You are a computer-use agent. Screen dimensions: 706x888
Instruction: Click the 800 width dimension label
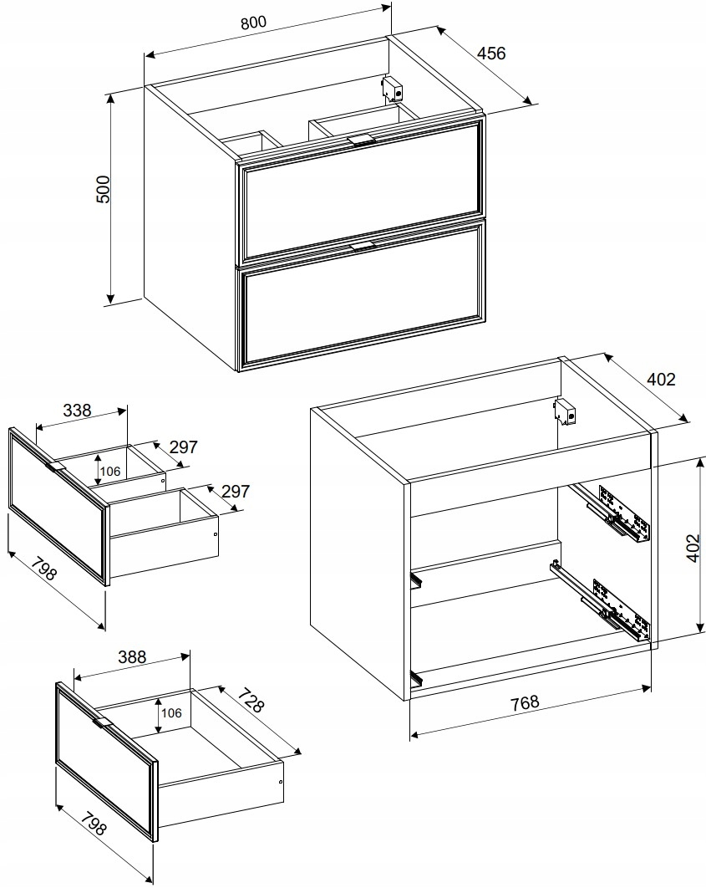coord(253,23)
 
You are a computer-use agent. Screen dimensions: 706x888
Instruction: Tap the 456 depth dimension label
coord(491,54)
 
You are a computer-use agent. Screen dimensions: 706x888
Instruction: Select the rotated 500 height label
coord(103,190)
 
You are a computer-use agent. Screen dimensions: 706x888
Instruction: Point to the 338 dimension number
coord(77,410)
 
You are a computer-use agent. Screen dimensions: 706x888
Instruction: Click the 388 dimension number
coord(132,657)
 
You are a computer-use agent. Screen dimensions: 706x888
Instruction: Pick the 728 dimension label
coord(250,700)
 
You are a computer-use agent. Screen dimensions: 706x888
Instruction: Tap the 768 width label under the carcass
coord(525,703)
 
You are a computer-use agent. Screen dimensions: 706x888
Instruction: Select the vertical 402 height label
coord(693,548)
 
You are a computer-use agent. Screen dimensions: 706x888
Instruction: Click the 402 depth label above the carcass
coord(661,379)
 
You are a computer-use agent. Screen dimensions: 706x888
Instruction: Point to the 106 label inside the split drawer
coord(110,472)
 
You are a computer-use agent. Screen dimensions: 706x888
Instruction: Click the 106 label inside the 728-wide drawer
coord(171,712)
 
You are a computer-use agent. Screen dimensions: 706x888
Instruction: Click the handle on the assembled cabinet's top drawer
coord(361,140)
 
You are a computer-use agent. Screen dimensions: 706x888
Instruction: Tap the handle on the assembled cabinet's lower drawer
coord(362,245)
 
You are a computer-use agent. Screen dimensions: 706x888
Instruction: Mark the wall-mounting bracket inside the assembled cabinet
coord(393,89)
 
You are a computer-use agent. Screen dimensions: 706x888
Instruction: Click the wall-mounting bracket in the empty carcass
coord(565,412)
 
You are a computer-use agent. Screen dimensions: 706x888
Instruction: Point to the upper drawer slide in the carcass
coord(612,512)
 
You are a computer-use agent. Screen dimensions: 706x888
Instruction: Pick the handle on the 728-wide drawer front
coord(103,722)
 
